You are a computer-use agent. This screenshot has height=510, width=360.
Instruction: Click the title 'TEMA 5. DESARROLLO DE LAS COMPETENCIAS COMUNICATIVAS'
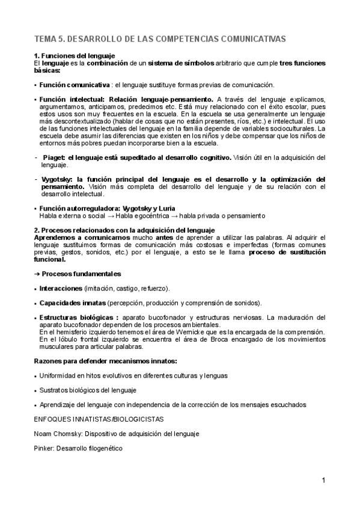[160, 38]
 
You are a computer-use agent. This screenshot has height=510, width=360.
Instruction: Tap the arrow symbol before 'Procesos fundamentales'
[37, 274]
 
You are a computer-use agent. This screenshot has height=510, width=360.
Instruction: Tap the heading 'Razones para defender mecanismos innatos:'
[105, 361]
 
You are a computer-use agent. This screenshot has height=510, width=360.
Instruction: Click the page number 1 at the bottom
[323, 481]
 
